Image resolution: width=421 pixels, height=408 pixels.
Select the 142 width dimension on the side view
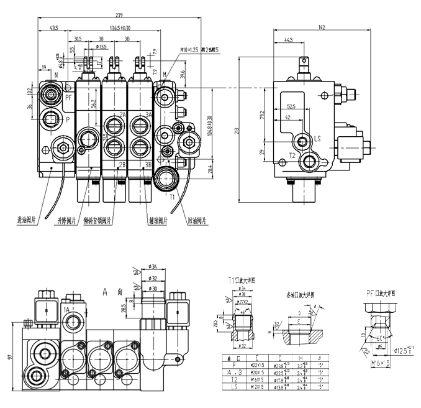click(x=320, y=27)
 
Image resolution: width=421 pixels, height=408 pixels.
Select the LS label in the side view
click(x=317, y=139)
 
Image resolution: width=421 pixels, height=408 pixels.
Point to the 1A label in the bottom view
click(x=66, y=309)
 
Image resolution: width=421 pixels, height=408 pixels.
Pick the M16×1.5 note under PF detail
click(x=376, y=362)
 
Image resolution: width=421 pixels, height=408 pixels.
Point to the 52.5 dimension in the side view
click(x=291, y=106)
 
